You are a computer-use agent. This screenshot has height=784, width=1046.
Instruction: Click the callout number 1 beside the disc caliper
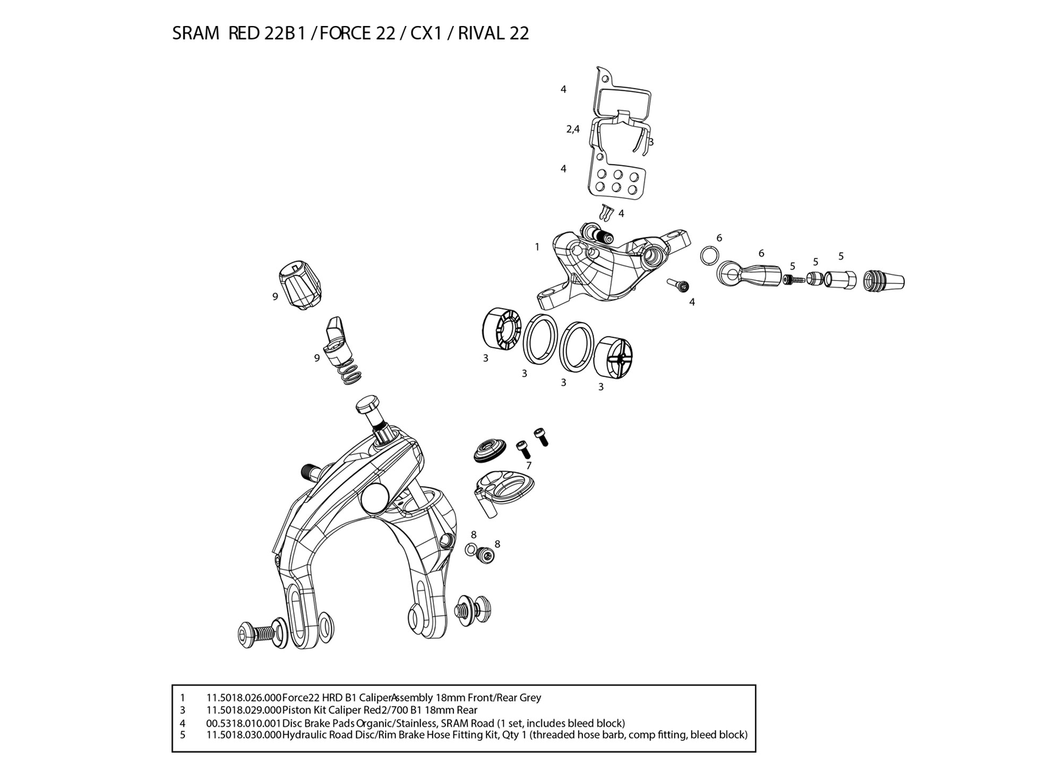tap(537, 247)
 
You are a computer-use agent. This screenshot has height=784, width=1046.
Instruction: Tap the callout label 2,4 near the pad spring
tap(573, 128)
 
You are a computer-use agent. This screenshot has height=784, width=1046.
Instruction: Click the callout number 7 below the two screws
tap(529, 466)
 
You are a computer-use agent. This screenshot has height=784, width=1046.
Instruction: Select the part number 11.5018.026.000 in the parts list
tap(244, 698)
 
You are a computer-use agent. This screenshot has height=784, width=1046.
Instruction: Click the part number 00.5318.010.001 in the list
tap(244, 723)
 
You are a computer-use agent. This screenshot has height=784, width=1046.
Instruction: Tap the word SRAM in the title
tap(195, 33)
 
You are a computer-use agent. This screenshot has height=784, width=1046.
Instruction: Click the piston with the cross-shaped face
tap(613, 359)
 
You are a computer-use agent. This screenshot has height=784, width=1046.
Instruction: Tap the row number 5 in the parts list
tap(183, 735)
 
